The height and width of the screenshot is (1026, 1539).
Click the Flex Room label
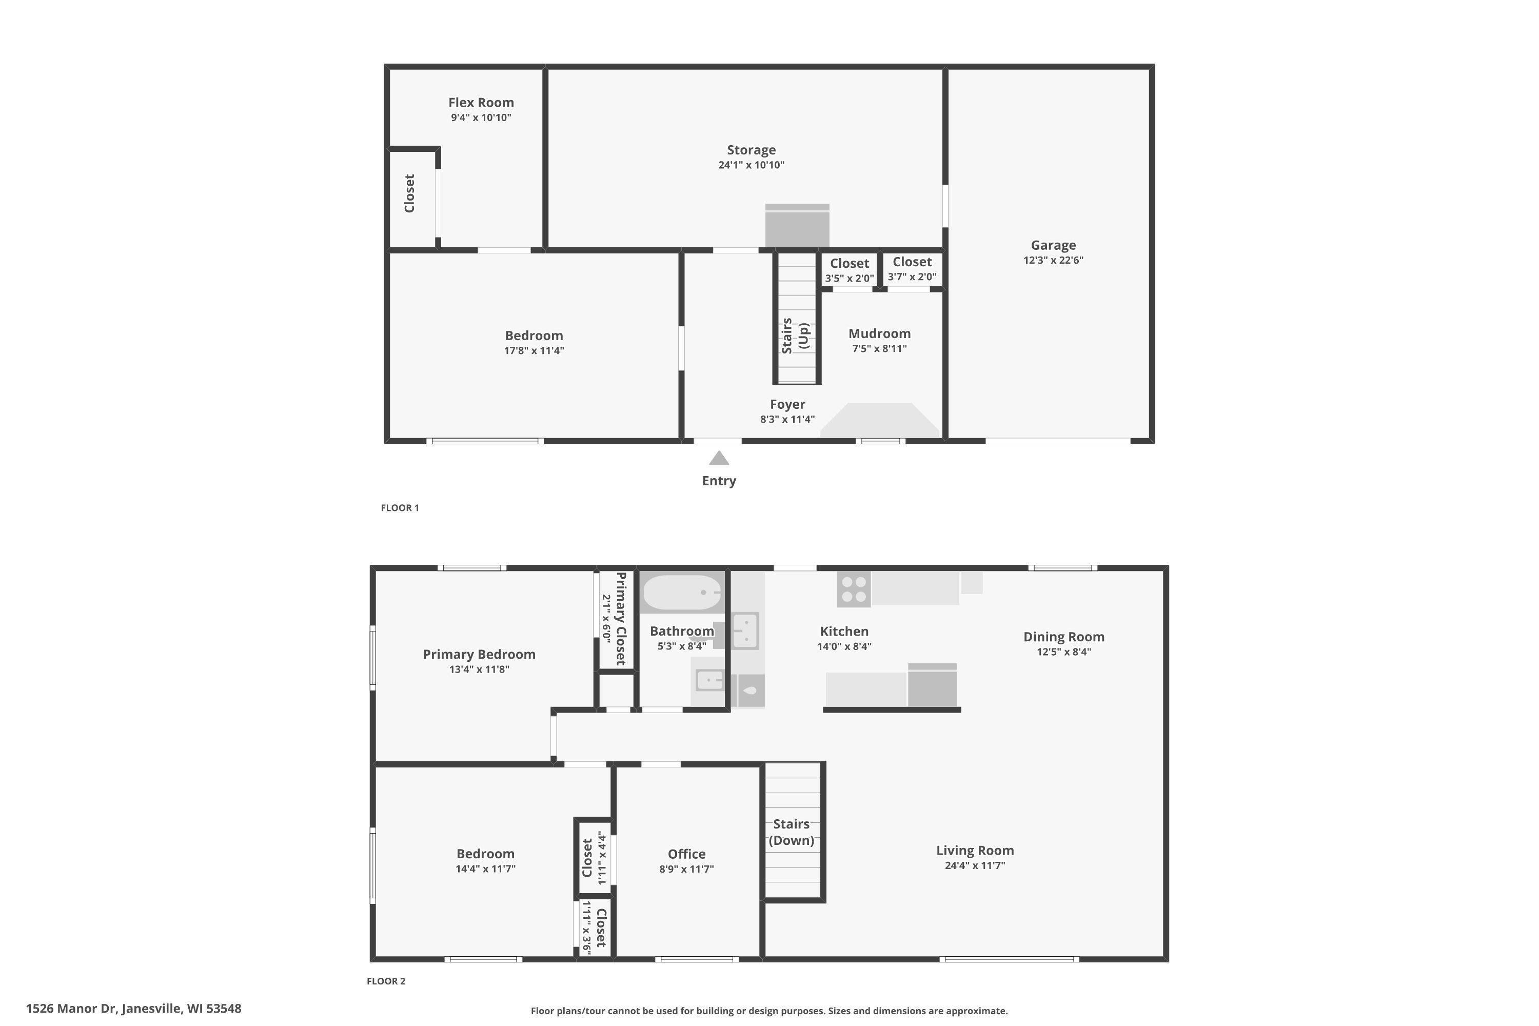(x=481, y=103)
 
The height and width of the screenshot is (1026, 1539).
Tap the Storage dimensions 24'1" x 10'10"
(x=751, y=165)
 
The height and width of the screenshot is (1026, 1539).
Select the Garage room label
(x=1053, y=245)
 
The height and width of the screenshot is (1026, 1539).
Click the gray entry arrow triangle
(x=719, y=458)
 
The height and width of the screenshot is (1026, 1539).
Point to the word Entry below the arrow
(x=719, y=481)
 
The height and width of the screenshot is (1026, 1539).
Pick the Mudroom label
(x=879, y=334)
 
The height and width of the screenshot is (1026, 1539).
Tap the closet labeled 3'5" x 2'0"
(x=850, y=270)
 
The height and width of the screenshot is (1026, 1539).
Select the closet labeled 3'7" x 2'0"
(x=912, y=269)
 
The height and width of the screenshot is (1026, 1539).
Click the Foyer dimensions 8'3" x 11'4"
(x=787, y=420)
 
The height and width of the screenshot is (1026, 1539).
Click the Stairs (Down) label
(x=791, y=832)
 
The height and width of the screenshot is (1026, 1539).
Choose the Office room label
(x=686, y=854)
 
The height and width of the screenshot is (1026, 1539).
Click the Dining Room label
(x=1063, y=637)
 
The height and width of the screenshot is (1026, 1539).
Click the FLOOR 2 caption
(x=386, y=981)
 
